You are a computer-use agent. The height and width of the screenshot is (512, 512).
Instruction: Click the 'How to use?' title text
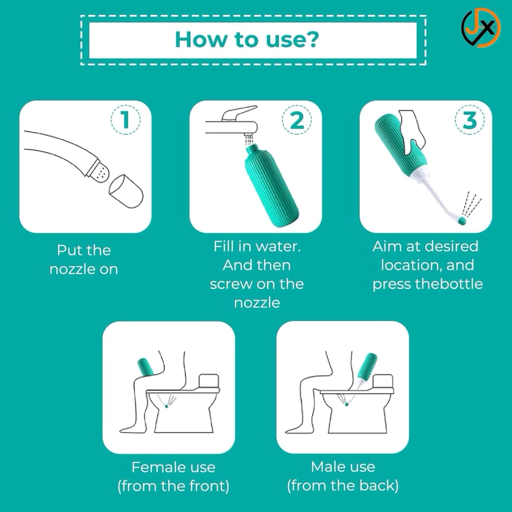(x=247, y=40)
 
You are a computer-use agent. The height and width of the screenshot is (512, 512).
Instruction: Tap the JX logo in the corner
(x=481, y=28)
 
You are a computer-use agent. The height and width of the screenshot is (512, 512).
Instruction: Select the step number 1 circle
(x=125, y=119)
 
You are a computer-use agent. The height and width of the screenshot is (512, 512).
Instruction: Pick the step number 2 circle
(x=297, y=119)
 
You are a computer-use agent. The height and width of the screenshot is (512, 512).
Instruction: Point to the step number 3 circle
(x=470, y=119)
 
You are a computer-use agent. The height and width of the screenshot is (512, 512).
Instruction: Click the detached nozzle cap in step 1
(x=126, y=191)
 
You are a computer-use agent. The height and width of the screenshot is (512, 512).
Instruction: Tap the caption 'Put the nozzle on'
(x=84, y=260)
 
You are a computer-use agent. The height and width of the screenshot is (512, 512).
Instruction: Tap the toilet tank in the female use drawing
(x=209, y=381)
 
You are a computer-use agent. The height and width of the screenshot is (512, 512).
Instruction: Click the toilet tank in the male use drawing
(x=383, y=381)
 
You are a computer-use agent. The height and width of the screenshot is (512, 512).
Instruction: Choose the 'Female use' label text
(x=173, y=467)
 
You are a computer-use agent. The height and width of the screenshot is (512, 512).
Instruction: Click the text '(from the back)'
(x=343, y=486)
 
